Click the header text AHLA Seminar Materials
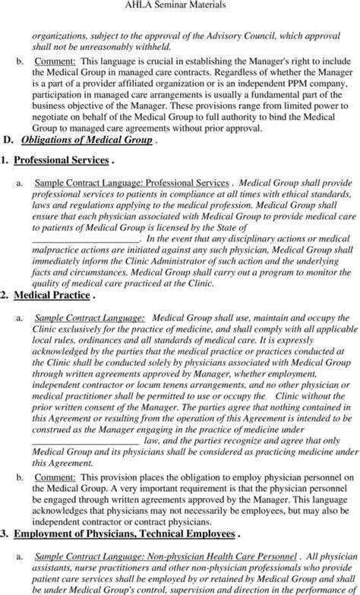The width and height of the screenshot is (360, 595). tap(179, 6)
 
